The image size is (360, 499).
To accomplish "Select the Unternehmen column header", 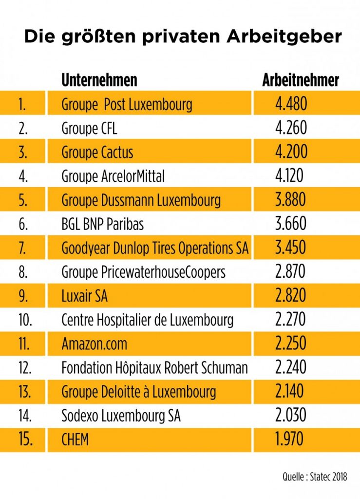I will click(x=99, y=80).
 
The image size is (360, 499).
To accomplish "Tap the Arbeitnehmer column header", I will click(x=301, y=80).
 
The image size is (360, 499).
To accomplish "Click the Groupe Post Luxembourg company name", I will click(x=127, y=104).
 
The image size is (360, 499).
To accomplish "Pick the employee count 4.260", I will click(x=291, y=128).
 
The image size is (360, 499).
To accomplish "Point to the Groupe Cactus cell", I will click(x=97, y=152).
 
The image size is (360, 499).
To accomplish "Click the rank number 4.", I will click(x=22, y=176).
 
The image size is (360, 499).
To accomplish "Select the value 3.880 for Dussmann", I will click(x=291, y=200).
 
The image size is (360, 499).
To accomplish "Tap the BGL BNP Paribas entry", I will click(x=102, y=224).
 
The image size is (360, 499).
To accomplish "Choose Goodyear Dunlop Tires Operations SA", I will click(x=155, y=248).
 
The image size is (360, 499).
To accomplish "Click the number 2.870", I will click(x=290, y=272).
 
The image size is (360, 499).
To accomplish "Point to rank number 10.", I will click(x=25, y=320).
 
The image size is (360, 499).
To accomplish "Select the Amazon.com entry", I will click(x=94, y=344).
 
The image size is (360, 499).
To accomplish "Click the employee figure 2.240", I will click(x=290, y=367).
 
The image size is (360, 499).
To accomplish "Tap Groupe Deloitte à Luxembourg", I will click(x=138, y=391).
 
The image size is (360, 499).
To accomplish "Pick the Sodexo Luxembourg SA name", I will click(x=121, y=416).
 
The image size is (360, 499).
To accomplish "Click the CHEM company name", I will click(x=75, y=440).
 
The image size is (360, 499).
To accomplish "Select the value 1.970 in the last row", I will click(x=289, y=440).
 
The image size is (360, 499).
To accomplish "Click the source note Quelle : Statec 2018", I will click(x=315, y=477).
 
